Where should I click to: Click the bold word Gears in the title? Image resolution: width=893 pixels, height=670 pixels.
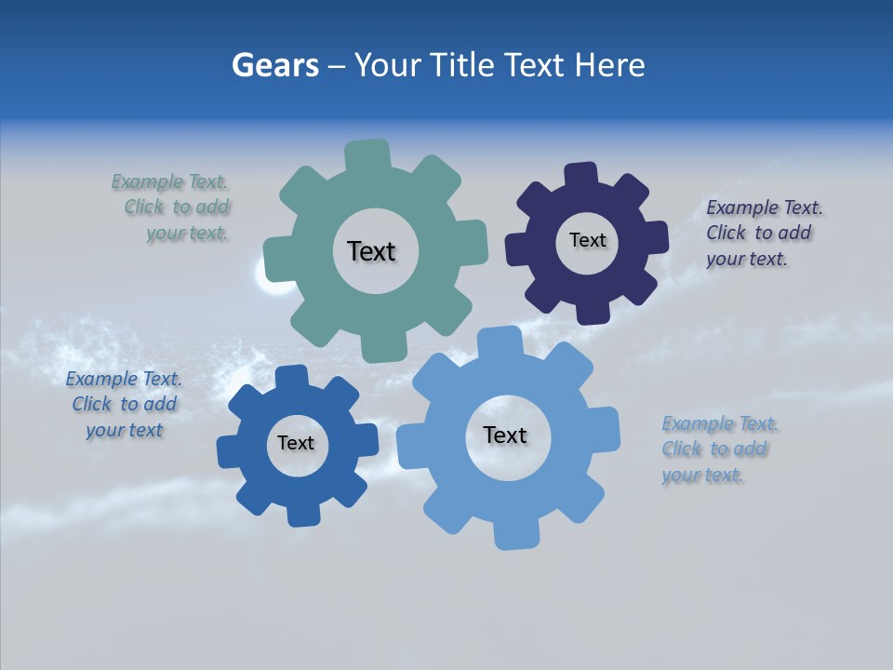pyautogui.click(x=274, y=65)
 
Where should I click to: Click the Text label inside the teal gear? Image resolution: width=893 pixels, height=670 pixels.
pyautogui.click(x=371, y=251)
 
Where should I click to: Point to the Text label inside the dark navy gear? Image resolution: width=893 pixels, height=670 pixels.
pyautogui.click(x=587, y=240)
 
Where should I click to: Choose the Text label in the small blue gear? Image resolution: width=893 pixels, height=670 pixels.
pyautogui.click(x=296, y=443)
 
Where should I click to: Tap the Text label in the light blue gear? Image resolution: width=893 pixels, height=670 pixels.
pyautogui.click(x=505, y=435)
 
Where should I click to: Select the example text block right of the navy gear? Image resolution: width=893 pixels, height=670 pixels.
pyautogui.click(x=763, y=233)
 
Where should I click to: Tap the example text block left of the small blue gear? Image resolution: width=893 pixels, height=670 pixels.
pyautogui.click(x=124, y=404)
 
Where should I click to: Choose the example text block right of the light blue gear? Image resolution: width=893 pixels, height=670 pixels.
pyautogui.click(x=719, y=449)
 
